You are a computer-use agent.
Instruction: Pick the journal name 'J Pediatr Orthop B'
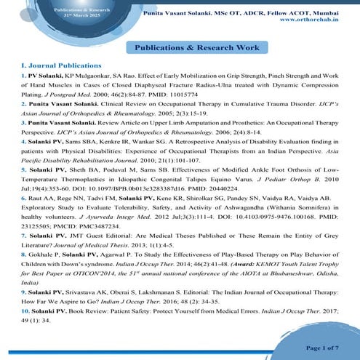click(x=293, y=185)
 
